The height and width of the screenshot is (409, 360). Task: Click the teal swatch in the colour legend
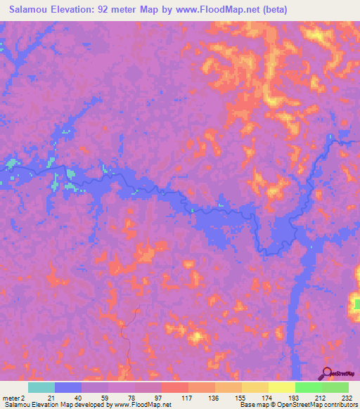point(41,387)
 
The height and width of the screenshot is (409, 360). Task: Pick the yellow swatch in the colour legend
point(282,387)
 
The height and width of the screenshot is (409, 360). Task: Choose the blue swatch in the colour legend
point(68,387)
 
